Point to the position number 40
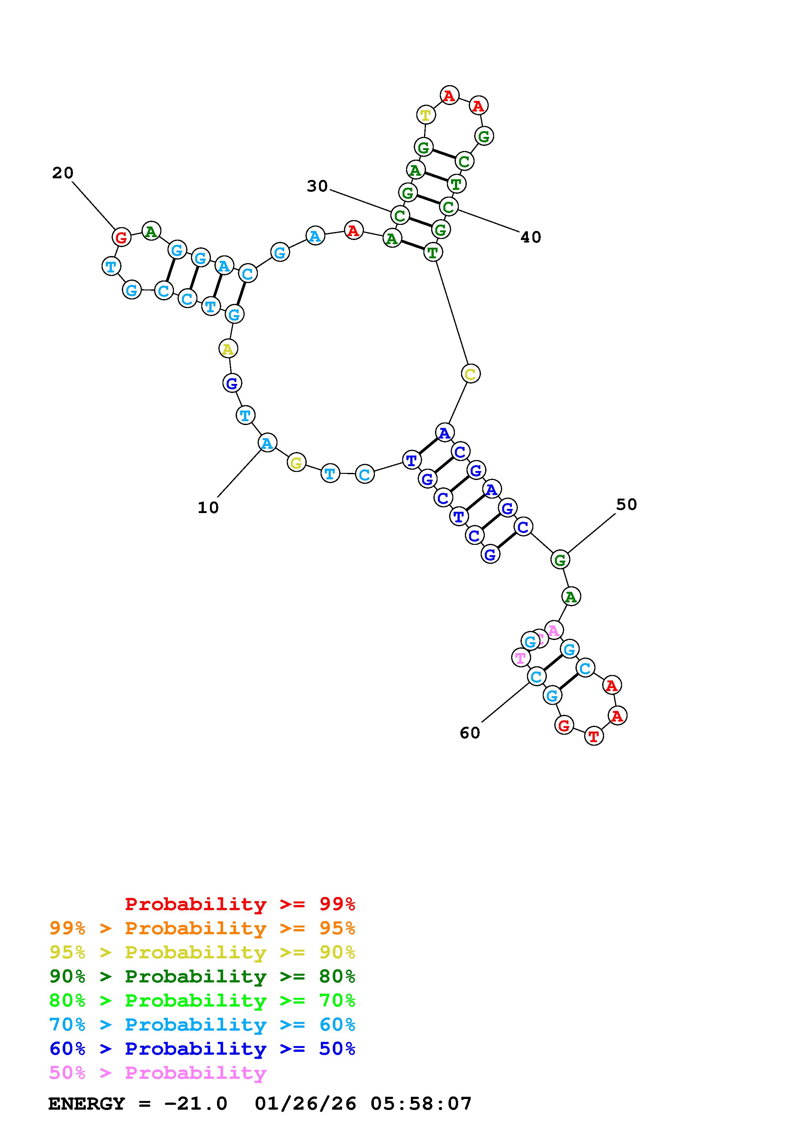pyautogui.click(x=530, y=237)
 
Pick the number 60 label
pyautogui.click(x=469, y=733)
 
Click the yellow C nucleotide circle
pyautogui.click(x=470, y=374)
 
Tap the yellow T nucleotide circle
pyautogui.click(x=426, y=115)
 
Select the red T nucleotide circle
pyautogui.click(x=594, y=736)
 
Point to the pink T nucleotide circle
pyautogui.click(x=520, y=657)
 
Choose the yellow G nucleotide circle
pyautogui.click(x=296, y=462)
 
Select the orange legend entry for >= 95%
pyautogui.click(x=202, y=928)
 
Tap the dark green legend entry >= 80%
pyautogui.click(x=202, y=976)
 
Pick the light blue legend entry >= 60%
pyautogui.click(x=202, y=1025)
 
